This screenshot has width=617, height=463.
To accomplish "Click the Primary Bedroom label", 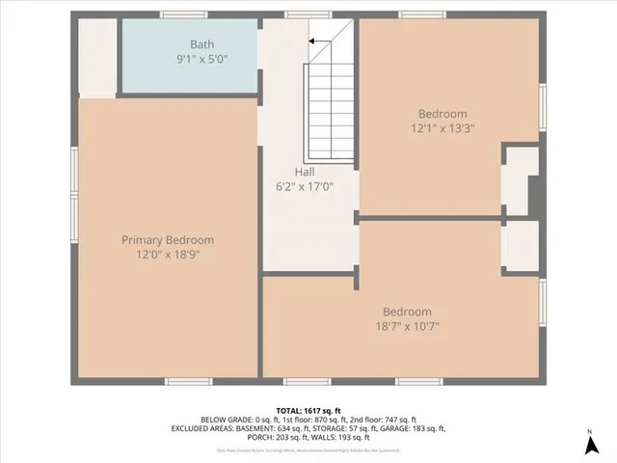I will (168, 240).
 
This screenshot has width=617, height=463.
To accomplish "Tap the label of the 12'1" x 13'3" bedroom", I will (443, 113).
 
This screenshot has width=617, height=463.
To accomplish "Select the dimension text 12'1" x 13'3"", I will (443, 126).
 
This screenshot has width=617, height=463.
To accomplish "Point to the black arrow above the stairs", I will (314, 41).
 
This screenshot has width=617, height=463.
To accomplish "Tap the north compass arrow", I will (589, 445).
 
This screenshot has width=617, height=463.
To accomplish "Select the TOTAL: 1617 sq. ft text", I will (308, 410).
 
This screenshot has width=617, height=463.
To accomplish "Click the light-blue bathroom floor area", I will (188, 77).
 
